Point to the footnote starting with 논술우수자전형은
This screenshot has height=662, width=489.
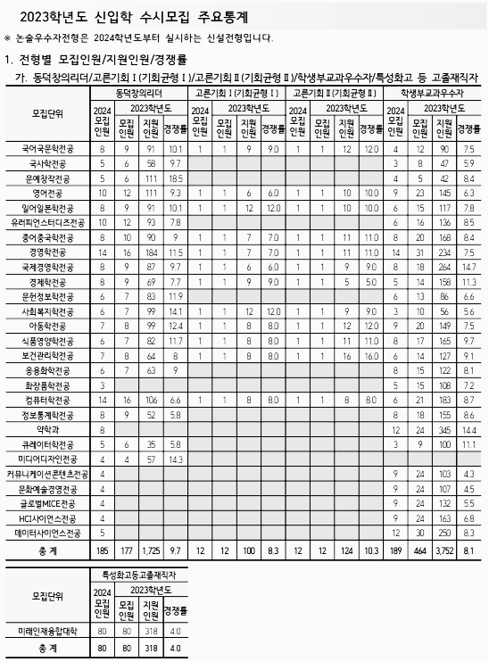[x=143, y=37]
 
